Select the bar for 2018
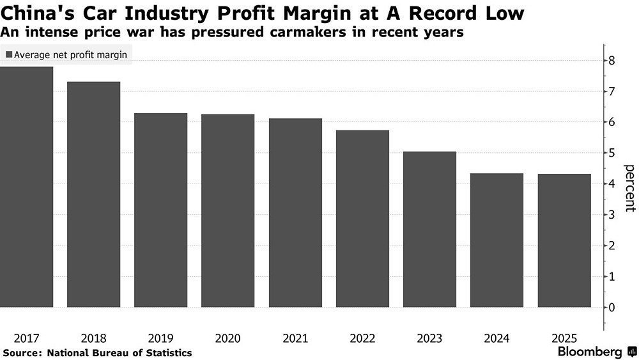pyautogui.click(x=93, y=194)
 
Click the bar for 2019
pyautogui.click(x=160, y=210)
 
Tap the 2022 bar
pyautogui.click(x=362, y=219)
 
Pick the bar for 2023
pyautogui.click(x=429, y=230)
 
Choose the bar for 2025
pyautogui.click(x=564, y=240)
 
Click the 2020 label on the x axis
pyautogui.click(x=227, y=337)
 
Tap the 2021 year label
pyautogui.click(x=295, y=337)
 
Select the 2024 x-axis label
pyautogui.click(x=497, y=337)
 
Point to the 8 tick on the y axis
pyautogui.click(x=612, y=61)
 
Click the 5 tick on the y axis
pyautogui.click(x=612, y=153)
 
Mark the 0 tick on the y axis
pyautogui.click(x=612, y=308)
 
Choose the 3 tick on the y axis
pyautogui.click(x=612, y=215)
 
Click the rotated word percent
pyautogui.click(x=629, y=187)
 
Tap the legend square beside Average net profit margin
pyautogui.click(x=8, y=55)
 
